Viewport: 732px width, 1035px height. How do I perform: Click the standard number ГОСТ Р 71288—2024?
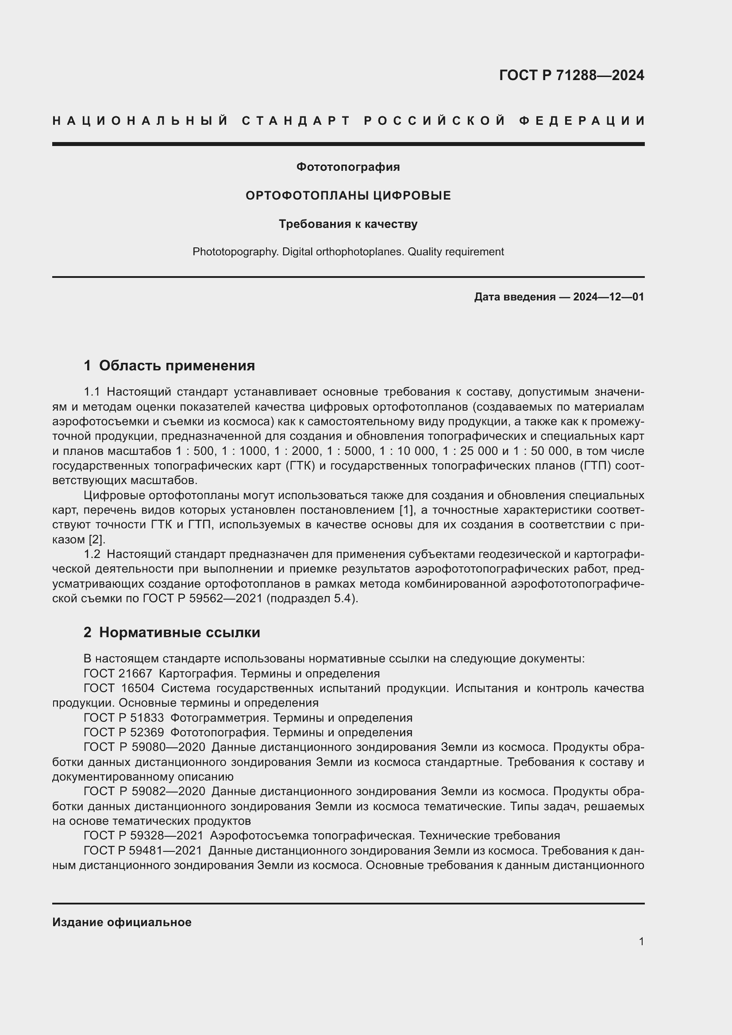point(571,75)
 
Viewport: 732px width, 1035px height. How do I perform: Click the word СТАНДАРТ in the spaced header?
point(296,121)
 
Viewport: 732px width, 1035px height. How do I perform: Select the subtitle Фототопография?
point(348,167)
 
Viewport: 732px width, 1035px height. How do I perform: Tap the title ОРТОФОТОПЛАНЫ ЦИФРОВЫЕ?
point(348,196)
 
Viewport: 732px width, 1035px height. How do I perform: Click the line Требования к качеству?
point(348,224)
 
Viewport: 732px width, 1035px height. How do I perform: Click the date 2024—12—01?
point(609,297)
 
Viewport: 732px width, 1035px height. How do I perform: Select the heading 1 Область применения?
point(169,366)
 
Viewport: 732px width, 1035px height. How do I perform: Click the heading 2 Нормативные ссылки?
point(172,632)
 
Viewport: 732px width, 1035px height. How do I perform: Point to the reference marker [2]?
point(96,539)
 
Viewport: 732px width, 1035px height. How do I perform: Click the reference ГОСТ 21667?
point(118,674)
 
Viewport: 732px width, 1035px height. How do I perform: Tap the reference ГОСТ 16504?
point(119,689)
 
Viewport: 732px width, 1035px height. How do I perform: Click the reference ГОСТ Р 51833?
point(123,718)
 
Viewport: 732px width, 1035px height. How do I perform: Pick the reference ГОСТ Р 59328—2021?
point(143,836)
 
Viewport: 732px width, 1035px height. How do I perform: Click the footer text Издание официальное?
point(122,922)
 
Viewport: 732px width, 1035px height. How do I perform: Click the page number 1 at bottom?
point(641,941)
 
